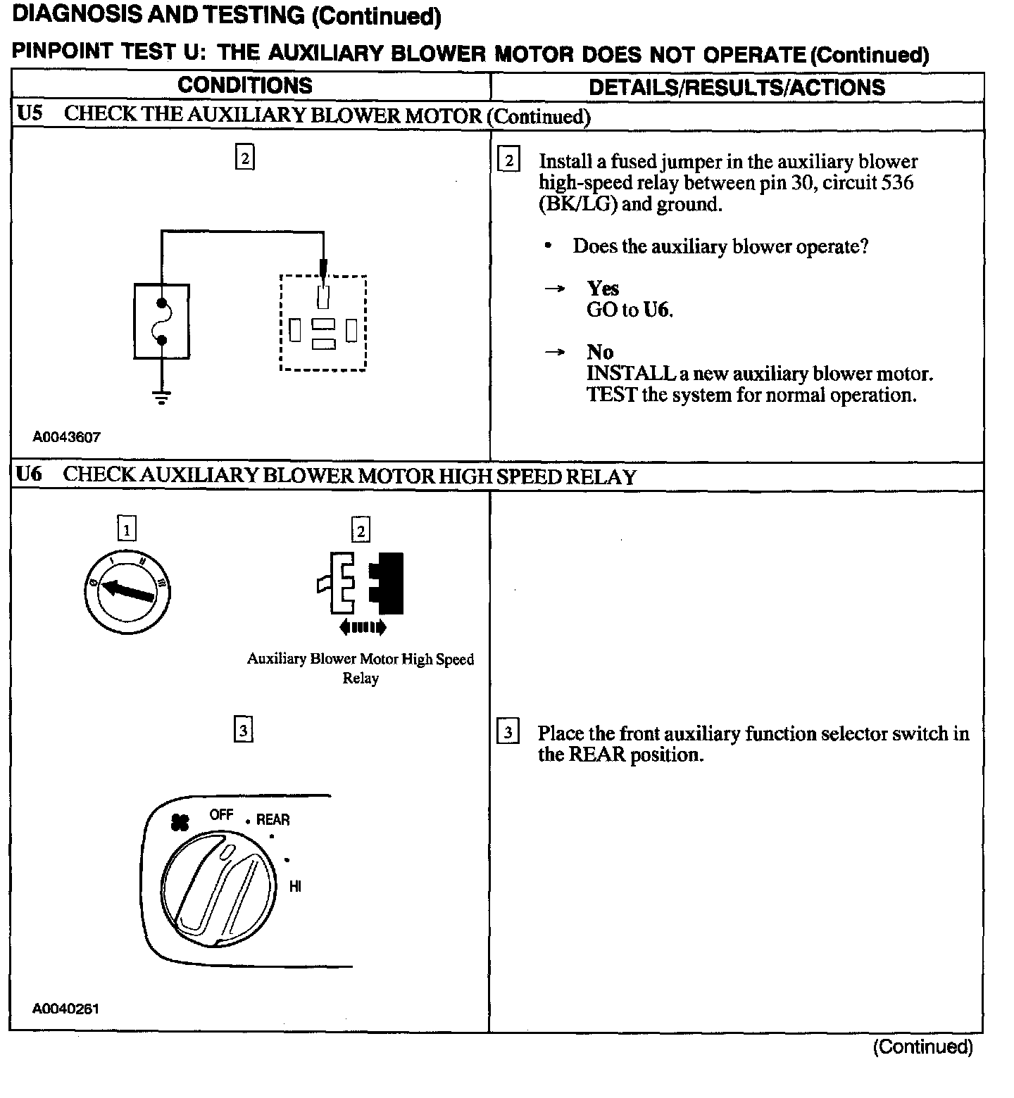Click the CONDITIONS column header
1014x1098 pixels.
coord(244,86)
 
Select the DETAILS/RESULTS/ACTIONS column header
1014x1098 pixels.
coord(737,87)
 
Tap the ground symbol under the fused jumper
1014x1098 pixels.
coord(161,398)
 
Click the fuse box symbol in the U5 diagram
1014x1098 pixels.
coord(161,322)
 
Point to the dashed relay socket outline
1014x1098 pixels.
coord(323,323)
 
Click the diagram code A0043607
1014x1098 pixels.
coord(66,437)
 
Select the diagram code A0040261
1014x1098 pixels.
coord(65,1009)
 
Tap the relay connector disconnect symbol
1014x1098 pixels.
coord(361,584)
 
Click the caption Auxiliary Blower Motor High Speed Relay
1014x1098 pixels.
coord(360,669)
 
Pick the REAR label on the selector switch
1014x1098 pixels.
coord(273,820)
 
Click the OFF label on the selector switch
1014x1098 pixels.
coord(221,815)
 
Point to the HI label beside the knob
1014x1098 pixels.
coord(295,887)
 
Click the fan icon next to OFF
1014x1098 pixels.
coord(180,821)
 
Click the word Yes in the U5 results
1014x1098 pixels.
coord(603,289)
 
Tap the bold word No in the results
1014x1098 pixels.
coord(600,353)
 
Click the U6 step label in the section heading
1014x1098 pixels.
coord(29,475)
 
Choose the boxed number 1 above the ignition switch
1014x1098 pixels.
coord(127,529)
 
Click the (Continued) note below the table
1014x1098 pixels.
coord(922,1047)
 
